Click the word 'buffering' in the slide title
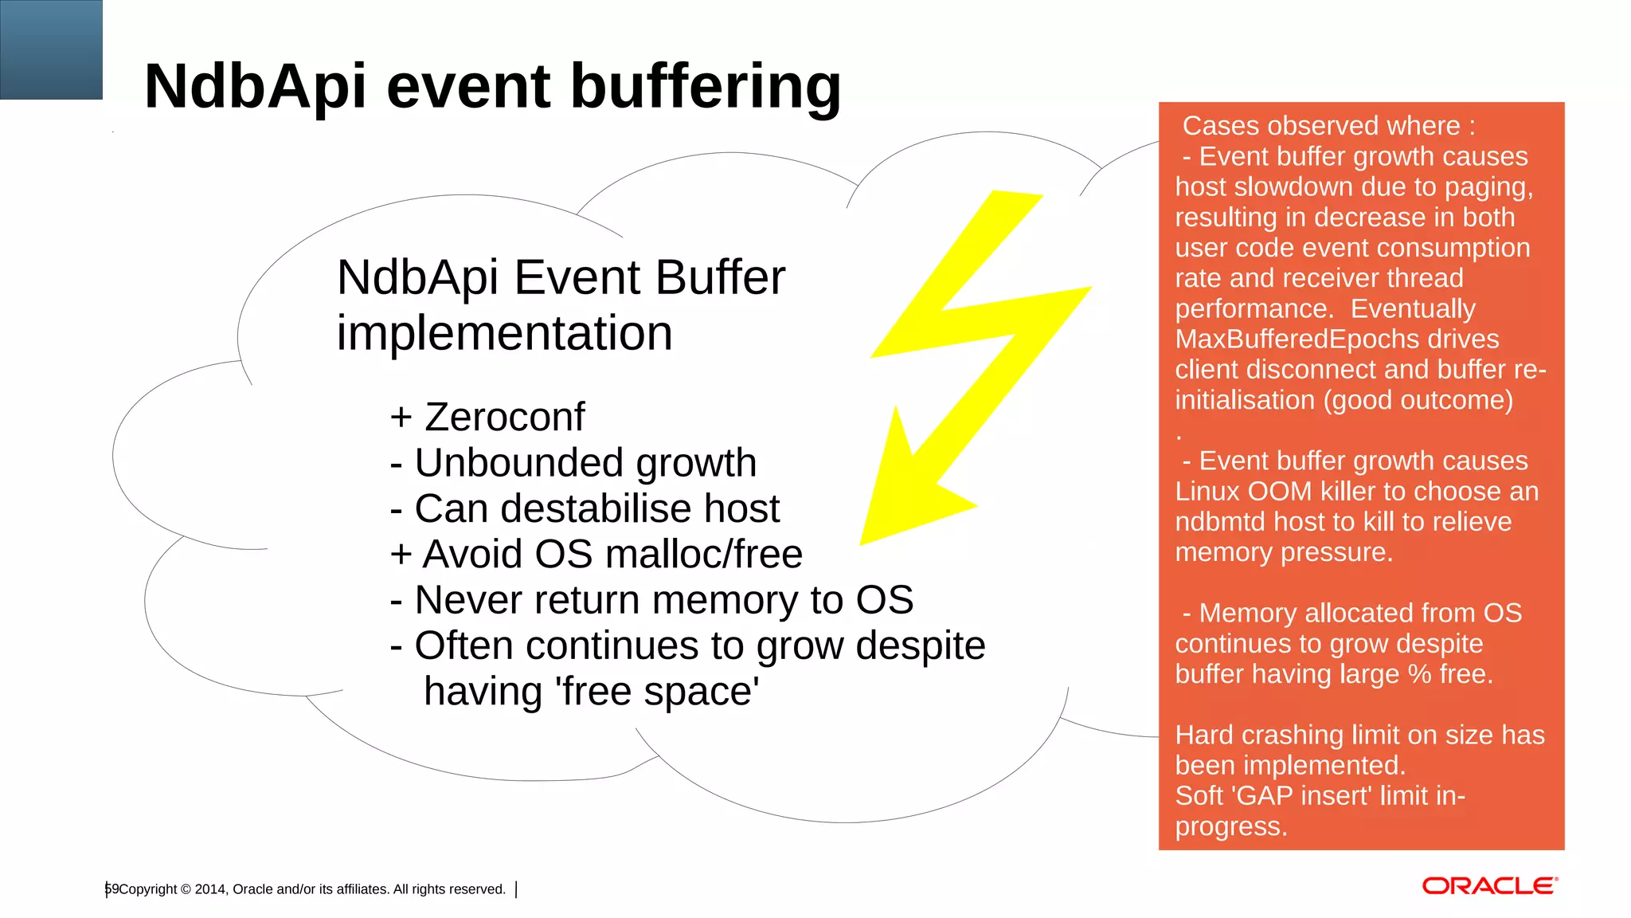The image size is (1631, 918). (706, 86)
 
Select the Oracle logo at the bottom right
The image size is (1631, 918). (1489, 886)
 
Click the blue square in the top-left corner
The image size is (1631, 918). (51, 49)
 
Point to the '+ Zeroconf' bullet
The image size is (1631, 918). (487, 417)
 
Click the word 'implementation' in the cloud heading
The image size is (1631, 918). (504, 333)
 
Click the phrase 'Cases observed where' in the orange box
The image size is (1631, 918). (1320, 126)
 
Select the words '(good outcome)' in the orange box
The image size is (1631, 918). (1418, 400)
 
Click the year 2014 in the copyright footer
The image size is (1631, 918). (210, 889)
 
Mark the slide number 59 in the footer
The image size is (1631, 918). (111, 889)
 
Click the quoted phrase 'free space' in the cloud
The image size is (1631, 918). (660, 692)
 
